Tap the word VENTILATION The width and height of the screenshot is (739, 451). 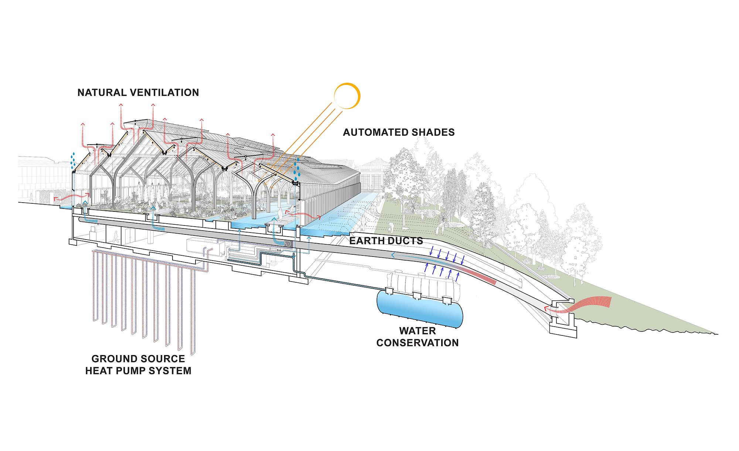(x=163, y=92)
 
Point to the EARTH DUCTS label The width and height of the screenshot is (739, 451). (x=386, y=241)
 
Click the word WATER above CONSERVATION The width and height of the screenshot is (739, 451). (x=418, y=331)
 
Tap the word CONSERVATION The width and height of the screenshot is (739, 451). (x=418, y=343)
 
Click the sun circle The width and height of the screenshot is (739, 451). (x=347, y=96)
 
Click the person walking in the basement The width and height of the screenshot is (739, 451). (x=116, y=237)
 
